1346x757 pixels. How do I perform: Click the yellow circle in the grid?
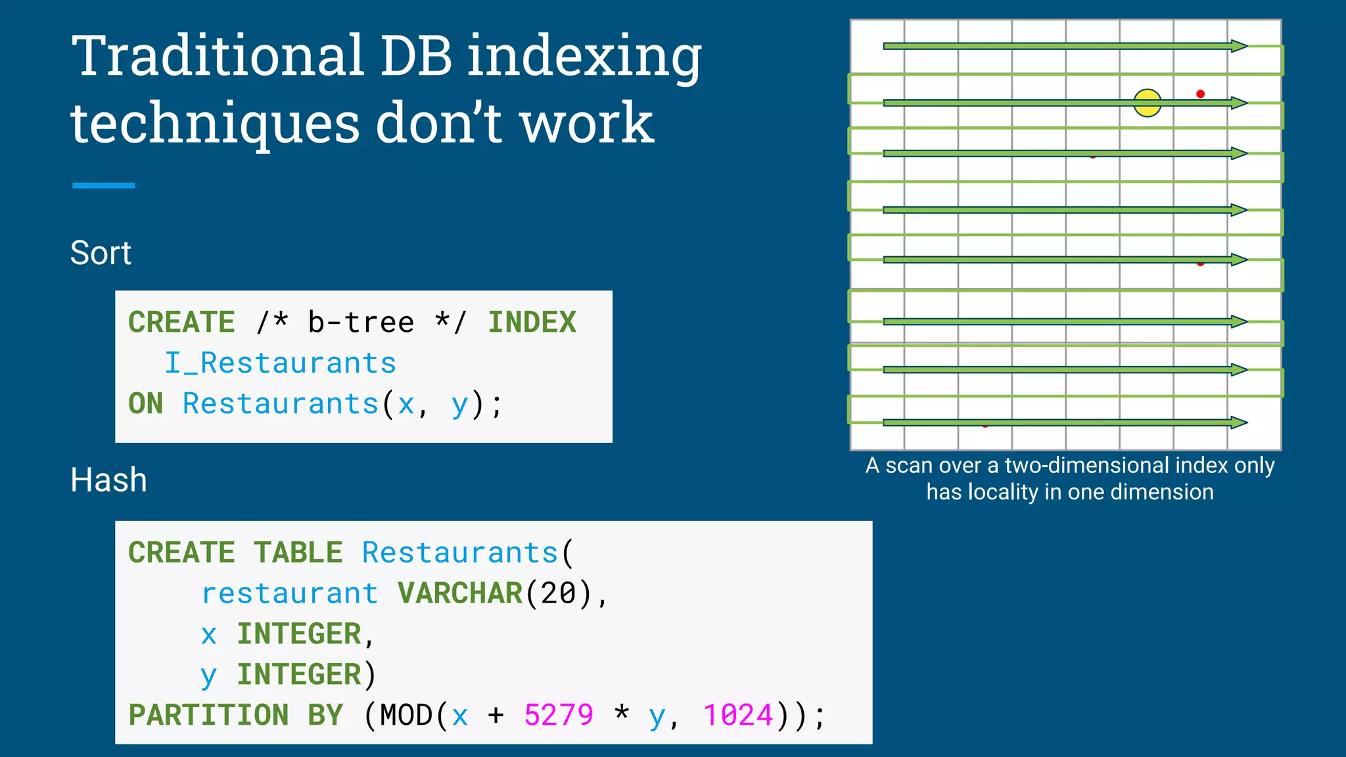pyautogui.click(x=1148, y=103)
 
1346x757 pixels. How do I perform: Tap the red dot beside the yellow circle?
pyautogui.click(x=1200, y=94)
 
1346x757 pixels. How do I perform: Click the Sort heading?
pyautogui.click(x=101, y=253)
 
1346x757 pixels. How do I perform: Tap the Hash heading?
pyautogui.click(x=108, y=480)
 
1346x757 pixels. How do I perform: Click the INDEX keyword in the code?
pyautogui.click(x=532, y=323)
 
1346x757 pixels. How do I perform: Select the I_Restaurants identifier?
pyautogui.click(x=280, y=363)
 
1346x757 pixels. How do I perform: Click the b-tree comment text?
pyautogui.click(x=361, y=323)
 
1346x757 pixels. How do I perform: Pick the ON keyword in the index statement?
pyautogui.click(x=145, y=404)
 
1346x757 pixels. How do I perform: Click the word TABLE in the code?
pyautogui.click(x=298, y=553)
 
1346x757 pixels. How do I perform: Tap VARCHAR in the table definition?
pyautogui.click(x=459, y=593)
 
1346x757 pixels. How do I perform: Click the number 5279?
pyautogui.click(x=559, y=715)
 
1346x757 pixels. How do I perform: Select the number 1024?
pyautogui.click(x=738, y=715)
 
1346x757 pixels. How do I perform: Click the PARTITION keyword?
pyautogui.click(x=208, y=715)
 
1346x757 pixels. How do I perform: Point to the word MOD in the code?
pyautogui.click(x=407, y=715)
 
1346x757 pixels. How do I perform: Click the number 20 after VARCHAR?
pyautogui.click(x=559, y=593)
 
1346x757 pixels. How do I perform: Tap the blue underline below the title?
pyautogui.click(x=103, y=186)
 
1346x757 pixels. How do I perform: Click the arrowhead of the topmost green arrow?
pyautogui.click(x=1238, y=46)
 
